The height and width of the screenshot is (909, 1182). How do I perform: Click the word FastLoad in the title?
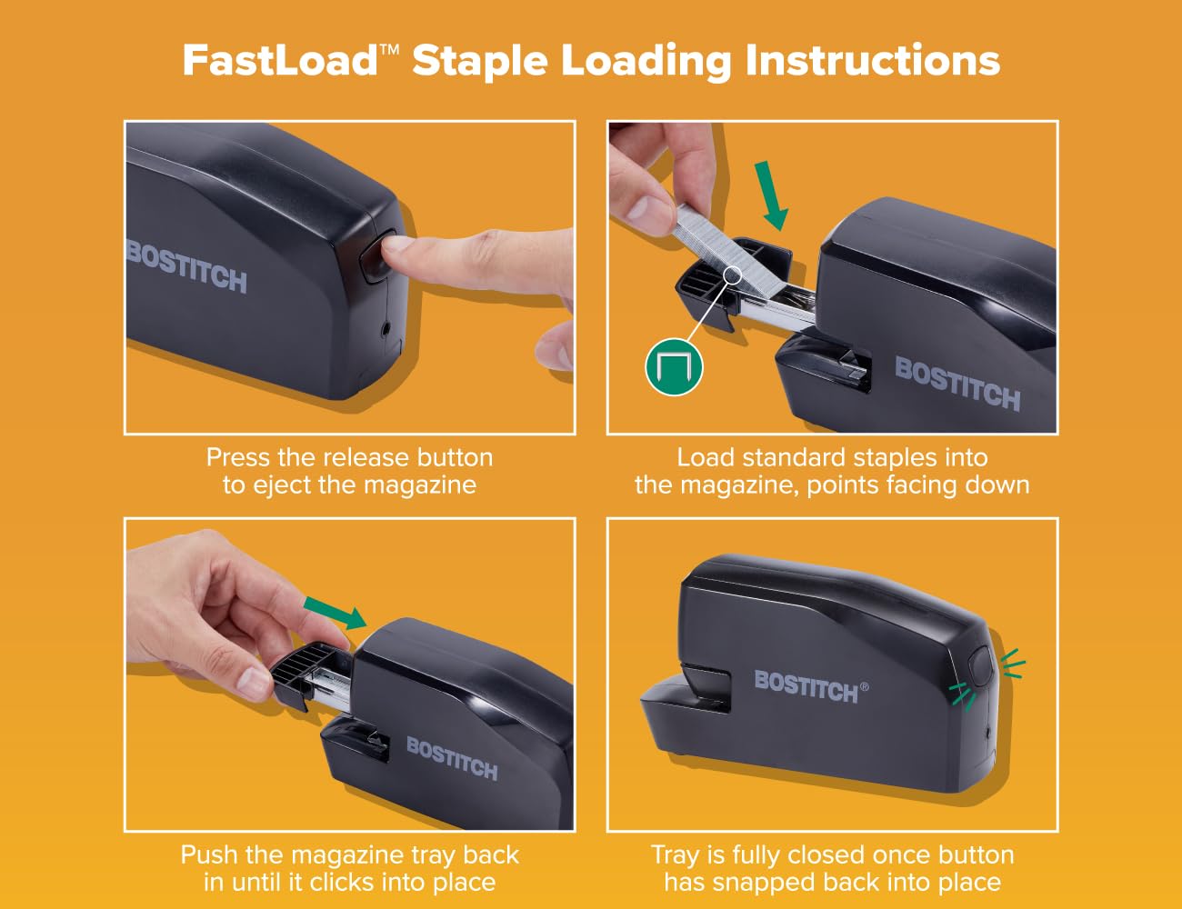pyautogui.click(x=280, y=60)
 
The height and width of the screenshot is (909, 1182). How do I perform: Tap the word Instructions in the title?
pyautogui.click(x=873, y=60)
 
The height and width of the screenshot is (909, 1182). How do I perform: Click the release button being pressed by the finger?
pyautogui.click(x=377, y=255)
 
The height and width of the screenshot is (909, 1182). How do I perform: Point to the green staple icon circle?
pyautogui.click(x=674, y=367)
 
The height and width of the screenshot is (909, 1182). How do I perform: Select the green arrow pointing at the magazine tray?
pyautogui.click(x=336, y=614)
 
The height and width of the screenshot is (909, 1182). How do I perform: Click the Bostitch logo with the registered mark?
pyautogui.click(x=810, y=686)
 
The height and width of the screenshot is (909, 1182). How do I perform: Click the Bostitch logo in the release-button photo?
pyautogui.click(x=186, y=267)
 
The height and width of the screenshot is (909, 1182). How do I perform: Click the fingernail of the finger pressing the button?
pyautogui.click(x=396, y=245)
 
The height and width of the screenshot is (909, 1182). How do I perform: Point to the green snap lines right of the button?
pyautogui.click(x=1013, y=664)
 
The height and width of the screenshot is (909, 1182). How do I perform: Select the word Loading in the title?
pyautogui.click(x=646, y=61)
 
